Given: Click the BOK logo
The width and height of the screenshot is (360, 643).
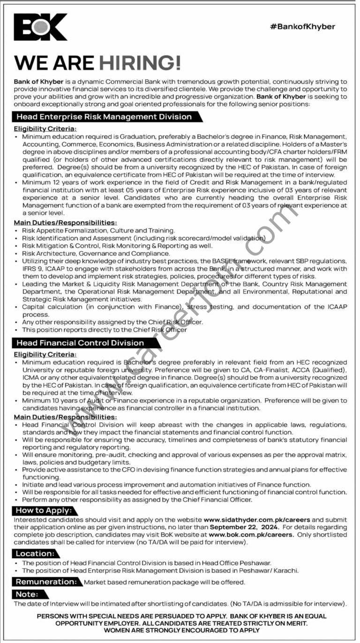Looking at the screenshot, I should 40,27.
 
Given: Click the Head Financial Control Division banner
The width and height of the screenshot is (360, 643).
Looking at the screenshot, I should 80,343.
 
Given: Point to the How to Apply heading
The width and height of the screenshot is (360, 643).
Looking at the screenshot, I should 44,510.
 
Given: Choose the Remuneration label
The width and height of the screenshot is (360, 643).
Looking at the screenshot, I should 46,582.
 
